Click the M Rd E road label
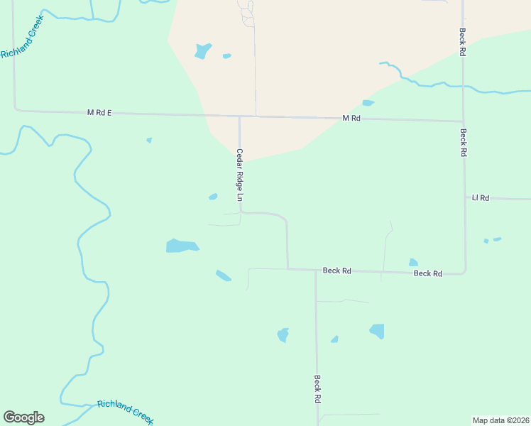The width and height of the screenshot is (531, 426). pyautogui.click(x=99, y=112)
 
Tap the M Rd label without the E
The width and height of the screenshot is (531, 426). pyautogui.click(x=351, y=118)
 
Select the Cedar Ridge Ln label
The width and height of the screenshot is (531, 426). pyautogui.click(x=240, y=177)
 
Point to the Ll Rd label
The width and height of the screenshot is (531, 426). pyautogui.click(x=481, y=198)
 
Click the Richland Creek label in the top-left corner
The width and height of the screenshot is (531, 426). pyautogui.click(x=22, y=44)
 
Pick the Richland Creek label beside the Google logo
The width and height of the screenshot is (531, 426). pyautogui.click(x=126, y=410)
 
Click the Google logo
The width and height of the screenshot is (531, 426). pyautogui.click(x=23, y=417)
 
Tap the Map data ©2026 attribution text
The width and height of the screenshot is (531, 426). pyautogui.click(x=500, y=420)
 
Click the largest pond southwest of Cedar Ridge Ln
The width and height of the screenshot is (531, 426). pyautogui.click(x=182, y=246)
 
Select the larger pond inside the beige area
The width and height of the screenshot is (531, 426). pyautogui.click(x=203, y=51)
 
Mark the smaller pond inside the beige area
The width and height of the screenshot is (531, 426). pyautogui.click(x=226, y=55)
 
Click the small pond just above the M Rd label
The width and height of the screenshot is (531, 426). pyautogui.click(x=368, y=103)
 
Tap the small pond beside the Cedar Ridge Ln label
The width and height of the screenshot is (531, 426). pyautogui.click(x=213, y=197)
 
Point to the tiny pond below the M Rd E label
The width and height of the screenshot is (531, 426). pyautogui.click(x=149, y=140)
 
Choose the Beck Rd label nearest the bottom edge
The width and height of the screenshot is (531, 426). pyautogui.click(x=317, y=389)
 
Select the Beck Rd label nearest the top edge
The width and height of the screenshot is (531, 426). pyautogui.click(x=462, y=42)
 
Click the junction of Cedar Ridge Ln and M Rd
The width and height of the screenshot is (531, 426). pyautogui.click(x=239, y=116)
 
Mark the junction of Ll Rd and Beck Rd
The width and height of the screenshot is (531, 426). pyautogui.click(x=465, y=198)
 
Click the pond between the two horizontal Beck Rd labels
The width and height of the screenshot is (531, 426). pyautogui.click(x=413, y=263)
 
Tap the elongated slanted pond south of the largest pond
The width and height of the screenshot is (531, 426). pyautogui.click(x=224, y=275)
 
